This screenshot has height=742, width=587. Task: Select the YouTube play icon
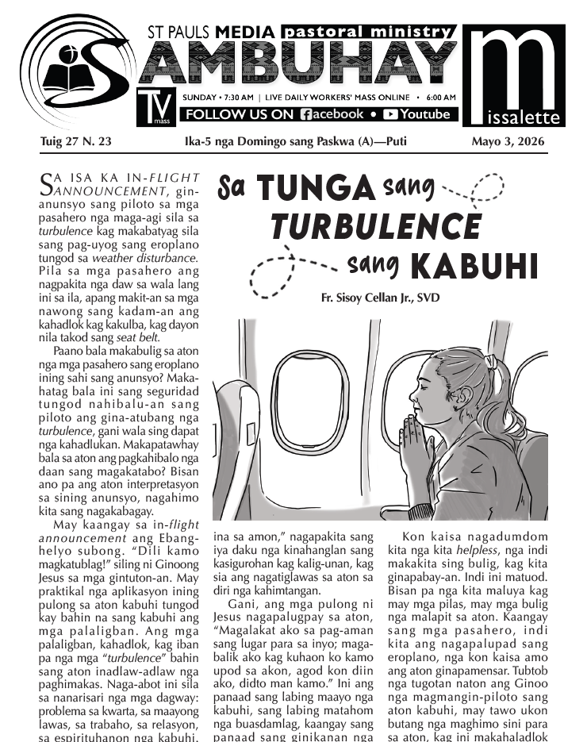tap(389, 114)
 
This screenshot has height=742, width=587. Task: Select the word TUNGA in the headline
tap(315, 188)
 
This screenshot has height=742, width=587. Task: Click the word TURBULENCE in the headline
tap(375, 228)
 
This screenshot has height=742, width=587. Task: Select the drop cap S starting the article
tap(47, 186)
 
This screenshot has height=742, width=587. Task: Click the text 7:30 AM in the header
tap(237, 97)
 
